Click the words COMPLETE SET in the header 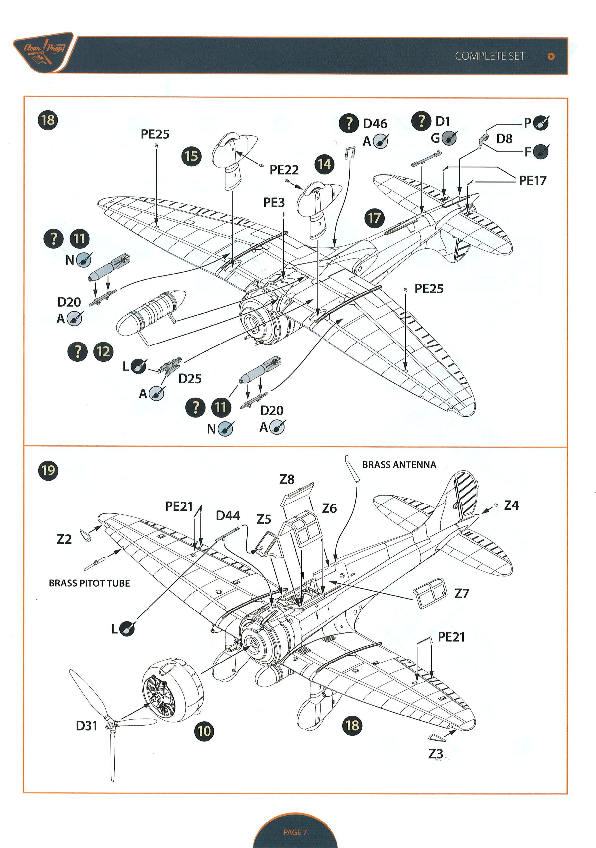[x=490, y=56]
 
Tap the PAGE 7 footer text [x=295, y=832]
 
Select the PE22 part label [x=284, y=170]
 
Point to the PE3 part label [x=274, y=202]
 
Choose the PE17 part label [x=532, y=181]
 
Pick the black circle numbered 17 [x=374, y=218]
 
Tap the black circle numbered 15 [x=191, y=156]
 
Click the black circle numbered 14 [x=325, y=164]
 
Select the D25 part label [x=190, y=379]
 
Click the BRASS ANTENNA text [x=399, y=465]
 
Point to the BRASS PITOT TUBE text [x=89, y=583]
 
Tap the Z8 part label [x=287, y=479]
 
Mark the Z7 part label [x=461, y=594]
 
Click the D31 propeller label [x=87, y=726]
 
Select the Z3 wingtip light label [x=435, y=754]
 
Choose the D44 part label [x=228, y=516]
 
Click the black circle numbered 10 [x=204, y=731]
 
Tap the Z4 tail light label [x=511, y=505]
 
